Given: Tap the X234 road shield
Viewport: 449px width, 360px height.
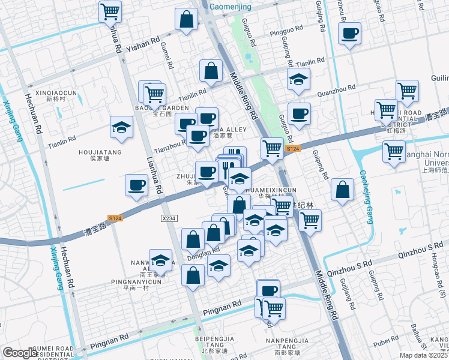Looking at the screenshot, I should [169, 219].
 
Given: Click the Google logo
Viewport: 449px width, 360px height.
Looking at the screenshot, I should [20, 353].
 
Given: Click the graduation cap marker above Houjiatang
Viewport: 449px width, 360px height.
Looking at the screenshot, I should [121, 127].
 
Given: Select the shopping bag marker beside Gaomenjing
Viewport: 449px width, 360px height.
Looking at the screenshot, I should [187, 19].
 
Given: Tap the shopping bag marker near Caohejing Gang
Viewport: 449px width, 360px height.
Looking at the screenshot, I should [342, 190].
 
